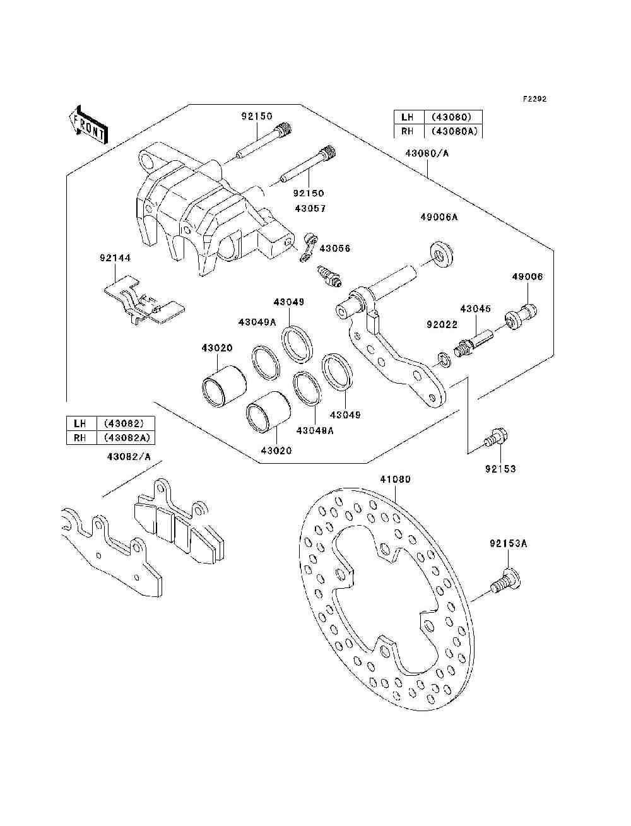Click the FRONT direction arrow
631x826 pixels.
click(x=88, y=124)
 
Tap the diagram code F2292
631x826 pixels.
click(x=534, y=99)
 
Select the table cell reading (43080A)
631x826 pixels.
click(x=454, y=131)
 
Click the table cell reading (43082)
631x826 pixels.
click(x=126, y=423)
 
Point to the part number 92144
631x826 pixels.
click(x=115, y=258)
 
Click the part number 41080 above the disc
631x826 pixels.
click(x=395, y=480)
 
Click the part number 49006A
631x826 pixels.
click(x=439, y=217)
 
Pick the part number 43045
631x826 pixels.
click(x=476, y=309)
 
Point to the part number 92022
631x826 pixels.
click(x=442, y=324)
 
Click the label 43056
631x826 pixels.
click(x=335, y=249)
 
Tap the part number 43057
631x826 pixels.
click(x=310, y=208)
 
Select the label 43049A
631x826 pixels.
click(x=257, y=322)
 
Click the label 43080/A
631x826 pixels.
click(x=427, y=153)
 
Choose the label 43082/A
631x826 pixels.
click(x=129, y=457)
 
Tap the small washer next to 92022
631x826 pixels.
click(x=444, y=360)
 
